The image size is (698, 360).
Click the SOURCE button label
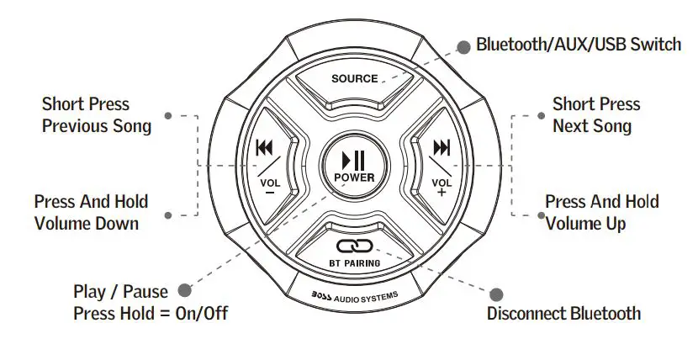point(354,79)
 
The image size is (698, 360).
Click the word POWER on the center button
point(354,177)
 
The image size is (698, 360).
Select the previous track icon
point(265,149)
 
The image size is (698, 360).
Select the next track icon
point(442,149)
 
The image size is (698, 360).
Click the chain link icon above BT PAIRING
point(354,246)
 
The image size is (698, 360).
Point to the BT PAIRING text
point(354,263)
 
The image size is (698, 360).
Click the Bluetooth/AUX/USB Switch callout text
point(579,44)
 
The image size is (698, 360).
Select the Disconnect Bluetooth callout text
point(563,314)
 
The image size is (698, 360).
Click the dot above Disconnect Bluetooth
point(496,294)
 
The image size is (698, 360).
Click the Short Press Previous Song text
point(97,115)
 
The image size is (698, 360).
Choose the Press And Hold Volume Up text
point(601,212)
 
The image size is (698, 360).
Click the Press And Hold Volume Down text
point(91,212)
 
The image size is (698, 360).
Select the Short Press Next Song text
point(595,115)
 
